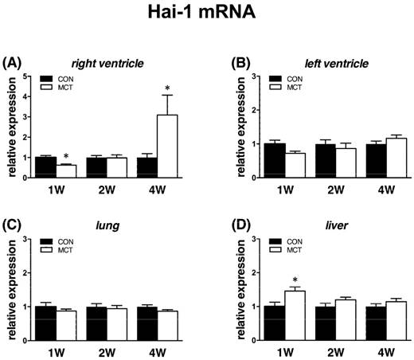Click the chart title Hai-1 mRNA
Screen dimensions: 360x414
click(207, 14)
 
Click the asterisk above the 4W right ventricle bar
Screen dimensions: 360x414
click(166, 88)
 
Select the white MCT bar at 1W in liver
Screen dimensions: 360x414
click(295, 312)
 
